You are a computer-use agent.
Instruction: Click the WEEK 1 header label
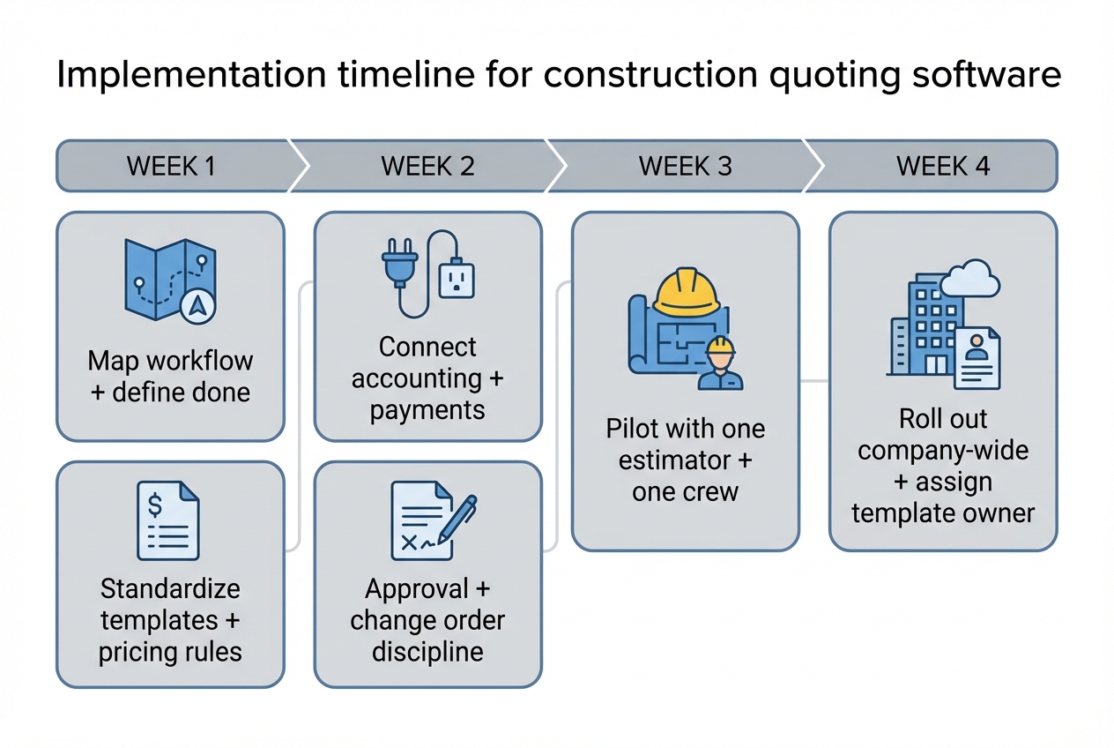tap(171, 166)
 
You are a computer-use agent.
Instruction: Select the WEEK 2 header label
tap(427, 166)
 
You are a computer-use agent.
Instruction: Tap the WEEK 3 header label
tap(685, 166)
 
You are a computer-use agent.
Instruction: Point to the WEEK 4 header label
tap(942, 166)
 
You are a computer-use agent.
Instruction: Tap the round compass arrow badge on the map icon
tap(198, 305)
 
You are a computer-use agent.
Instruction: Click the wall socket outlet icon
tap(456, 280)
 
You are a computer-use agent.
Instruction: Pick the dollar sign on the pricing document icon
tap(155, 505)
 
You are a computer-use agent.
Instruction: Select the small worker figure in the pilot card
tap(720, 364)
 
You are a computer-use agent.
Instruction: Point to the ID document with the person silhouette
tap(976, 356)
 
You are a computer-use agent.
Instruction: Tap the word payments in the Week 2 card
tap(427, 410)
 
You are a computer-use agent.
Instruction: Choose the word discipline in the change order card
tap(427, 652)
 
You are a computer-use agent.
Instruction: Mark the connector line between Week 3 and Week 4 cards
tap(814, 381)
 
